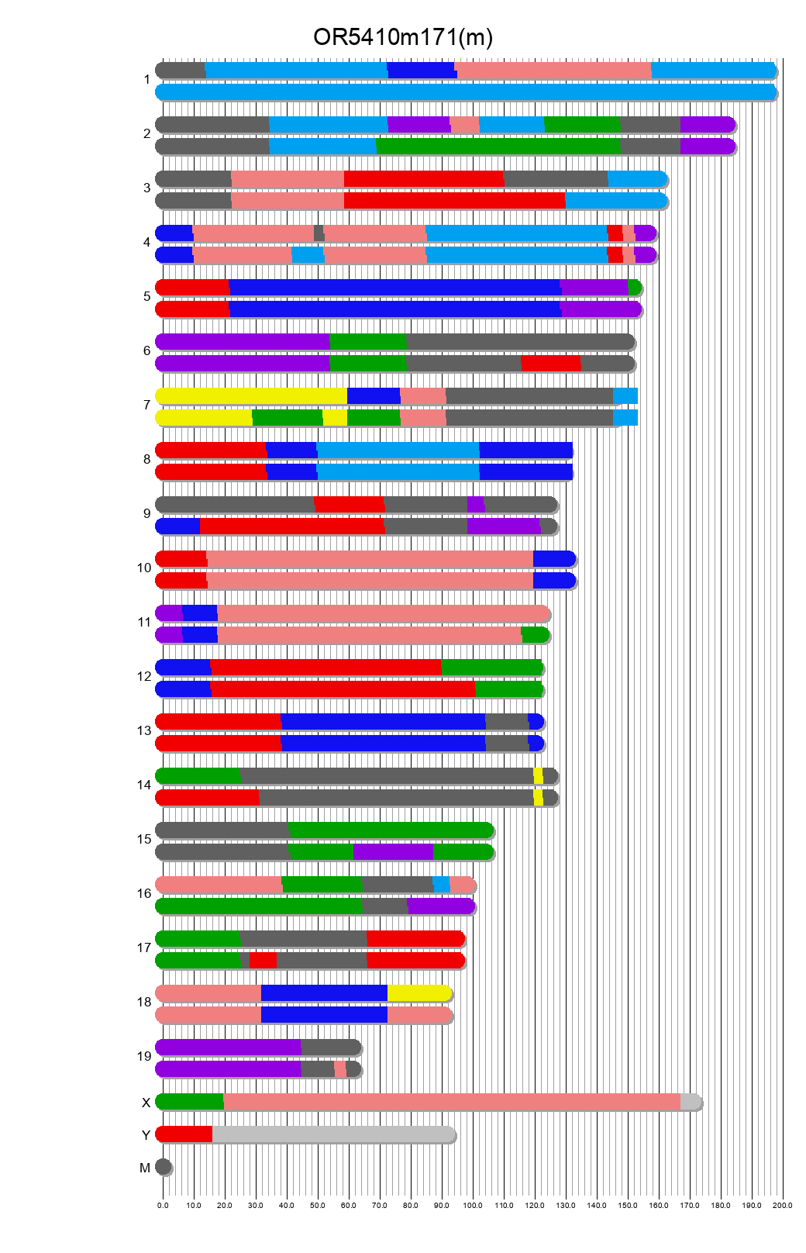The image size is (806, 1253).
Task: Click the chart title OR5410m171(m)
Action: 402,37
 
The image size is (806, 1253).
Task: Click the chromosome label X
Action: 146,1103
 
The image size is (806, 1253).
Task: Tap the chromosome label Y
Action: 146,1135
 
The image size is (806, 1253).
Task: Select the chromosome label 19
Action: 144,1056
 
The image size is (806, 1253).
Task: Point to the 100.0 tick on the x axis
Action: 473,1205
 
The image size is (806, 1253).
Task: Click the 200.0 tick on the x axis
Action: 783,1205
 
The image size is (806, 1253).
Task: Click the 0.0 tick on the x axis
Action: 163,1205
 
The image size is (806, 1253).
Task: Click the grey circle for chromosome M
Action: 163,1167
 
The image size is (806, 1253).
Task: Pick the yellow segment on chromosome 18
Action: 418,993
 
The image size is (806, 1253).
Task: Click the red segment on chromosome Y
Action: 184,1134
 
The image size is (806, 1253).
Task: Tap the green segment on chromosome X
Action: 190,1102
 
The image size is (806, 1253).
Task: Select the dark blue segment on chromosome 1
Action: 421,71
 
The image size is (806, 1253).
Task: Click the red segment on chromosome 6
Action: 550,364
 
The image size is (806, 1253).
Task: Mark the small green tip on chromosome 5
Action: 634,288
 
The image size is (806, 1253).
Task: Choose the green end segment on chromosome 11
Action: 535,635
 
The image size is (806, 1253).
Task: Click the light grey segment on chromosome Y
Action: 333,1134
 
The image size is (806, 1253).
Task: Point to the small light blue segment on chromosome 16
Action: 441,885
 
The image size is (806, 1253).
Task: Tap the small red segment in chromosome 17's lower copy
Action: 263,961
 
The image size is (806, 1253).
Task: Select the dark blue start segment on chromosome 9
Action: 178,526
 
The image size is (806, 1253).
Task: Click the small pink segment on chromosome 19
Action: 340,1069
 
